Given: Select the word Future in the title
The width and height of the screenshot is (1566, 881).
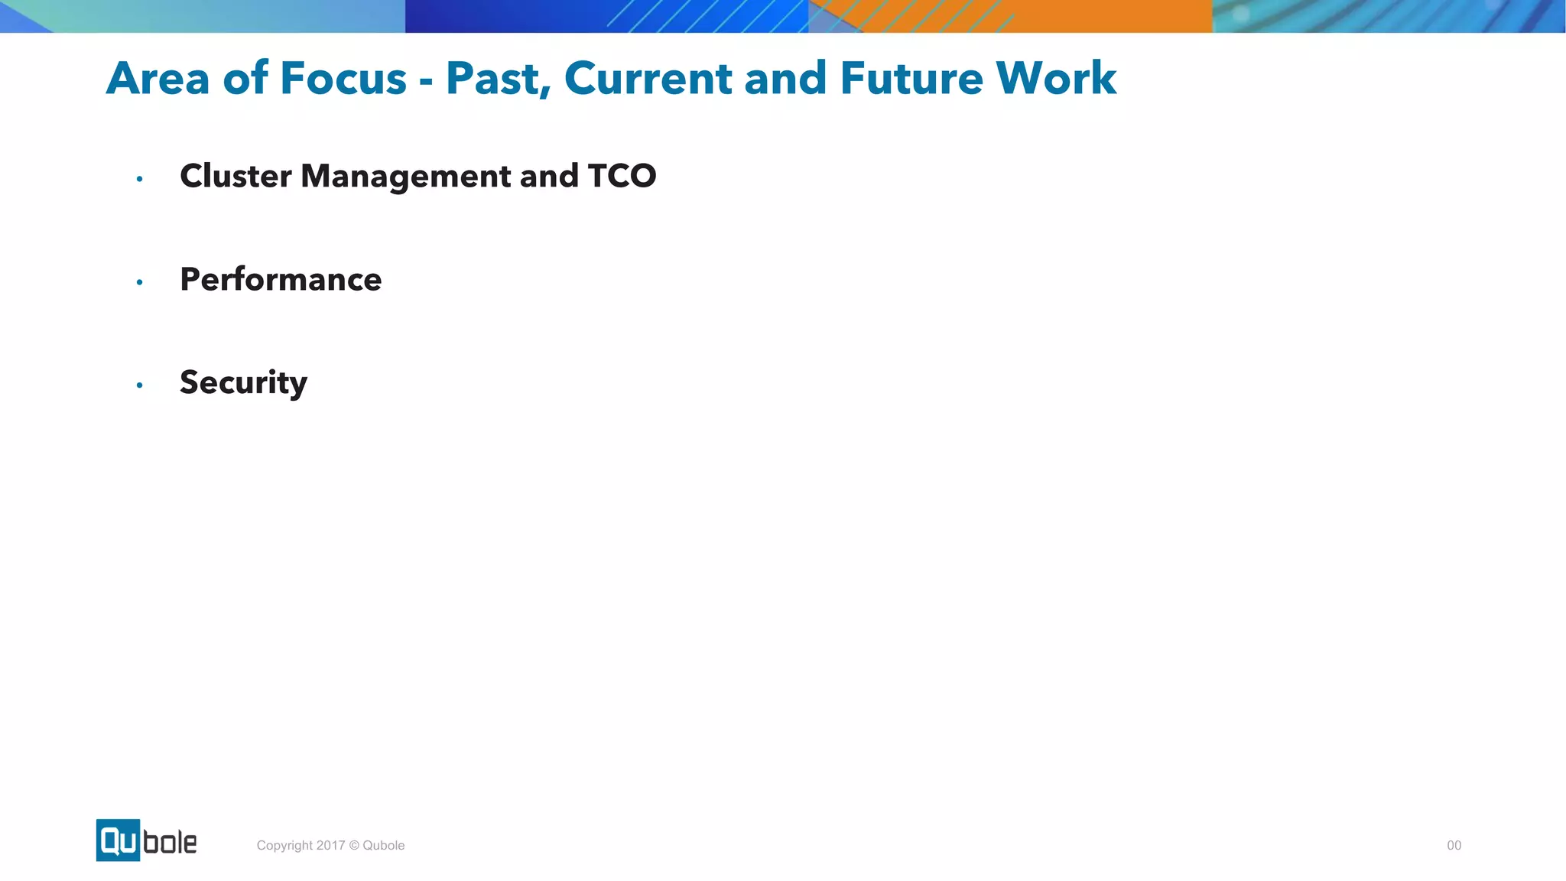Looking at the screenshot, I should (x=911, y=78).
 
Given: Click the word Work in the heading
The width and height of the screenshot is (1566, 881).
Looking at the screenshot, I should (x=1056, y=78).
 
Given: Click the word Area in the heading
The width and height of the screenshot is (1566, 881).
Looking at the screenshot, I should (x=158, y=78).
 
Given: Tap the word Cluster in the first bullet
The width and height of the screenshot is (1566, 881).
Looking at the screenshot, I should (x=236, y=176).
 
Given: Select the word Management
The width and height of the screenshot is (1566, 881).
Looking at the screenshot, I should (x=406, y=177).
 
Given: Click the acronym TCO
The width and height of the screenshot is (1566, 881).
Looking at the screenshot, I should (x=622, y=176).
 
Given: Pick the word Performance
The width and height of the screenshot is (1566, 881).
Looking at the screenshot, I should (x=281, y=279).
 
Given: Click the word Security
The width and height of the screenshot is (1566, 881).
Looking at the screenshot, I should (x=243, y=382).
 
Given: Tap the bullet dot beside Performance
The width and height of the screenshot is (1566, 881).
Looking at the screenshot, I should (x=139, y=282).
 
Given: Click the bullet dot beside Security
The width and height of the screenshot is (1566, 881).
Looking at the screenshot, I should (x=139, y=385).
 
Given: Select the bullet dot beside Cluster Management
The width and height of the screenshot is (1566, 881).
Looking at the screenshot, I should (x=139, y=179).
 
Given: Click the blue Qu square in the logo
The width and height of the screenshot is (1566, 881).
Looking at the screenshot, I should (x=118, y=840).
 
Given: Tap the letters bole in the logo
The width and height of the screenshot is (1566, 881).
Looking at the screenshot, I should (x=170, y=842).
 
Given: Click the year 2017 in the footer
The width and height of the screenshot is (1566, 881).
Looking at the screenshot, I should (x=330, y=845).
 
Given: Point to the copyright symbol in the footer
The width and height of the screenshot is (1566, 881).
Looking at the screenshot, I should (x=353, y=845).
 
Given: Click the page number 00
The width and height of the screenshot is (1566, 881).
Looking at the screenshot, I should (x=1454, y=845).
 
